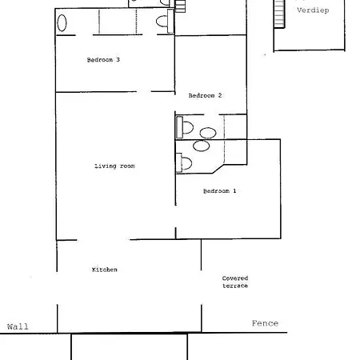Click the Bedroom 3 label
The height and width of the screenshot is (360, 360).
tap(103, 60)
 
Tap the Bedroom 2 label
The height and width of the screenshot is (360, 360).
tap(205, 95)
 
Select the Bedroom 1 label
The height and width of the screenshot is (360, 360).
tap(219, 191)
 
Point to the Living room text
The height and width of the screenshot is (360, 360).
tap(114, 166)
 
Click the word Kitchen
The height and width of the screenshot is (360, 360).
tap(105, 270)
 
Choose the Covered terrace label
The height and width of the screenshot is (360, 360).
tap(235, 282)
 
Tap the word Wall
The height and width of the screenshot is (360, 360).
tap(18, 326)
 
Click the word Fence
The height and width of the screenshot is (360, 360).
tap(265, 323)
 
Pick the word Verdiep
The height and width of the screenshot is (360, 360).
tap(313, 10)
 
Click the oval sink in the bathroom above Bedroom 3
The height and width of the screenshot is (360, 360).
tap(62, 23)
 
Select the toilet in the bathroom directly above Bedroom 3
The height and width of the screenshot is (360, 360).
tap(165, 22)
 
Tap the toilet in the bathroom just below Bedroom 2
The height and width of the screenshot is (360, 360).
tap(185, 127)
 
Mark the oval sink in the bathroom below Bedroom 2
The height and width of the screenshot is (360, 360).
tap(208, 133)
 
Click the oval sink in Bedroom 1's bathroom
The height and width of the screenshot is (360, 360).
tap(202, 146)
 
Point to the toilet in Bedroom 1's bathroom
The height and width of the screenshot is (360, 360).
tap(184, 162)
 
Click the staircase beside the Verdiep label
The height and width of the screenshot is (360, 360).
tap(279, 14)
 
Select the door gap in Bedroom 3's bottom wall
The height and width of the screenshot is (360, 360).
tap(144, 92)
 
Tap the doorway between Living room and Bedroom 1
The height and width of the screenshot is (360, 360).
tap(175, 217)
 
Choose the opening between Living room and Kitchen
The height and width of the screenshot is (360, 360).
tap(103, 240)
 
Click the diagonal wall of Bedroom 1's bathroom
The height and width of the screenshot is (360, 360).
tap(218, 169)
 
